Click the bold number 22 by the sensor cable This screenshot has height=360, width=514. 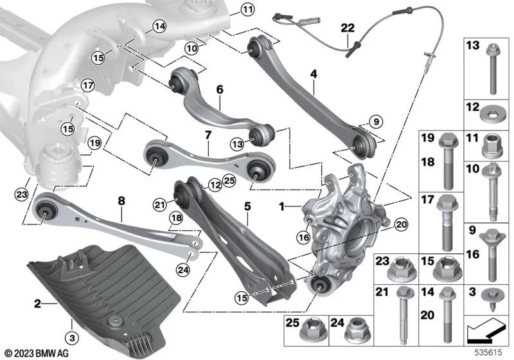pyautogui.click(x=347, y=28)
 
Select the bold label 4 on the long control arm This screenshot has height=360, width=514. pyautogui.click(x=313, y=75)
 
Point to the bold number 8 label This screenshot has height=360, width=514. pyautogui.click(x=120, y=201)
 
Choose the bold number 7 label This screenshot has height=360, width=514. pyautogui.click(x=208, y=136)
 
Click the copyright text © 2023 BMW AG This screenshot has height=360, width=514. pyautogui.click(x=31, y=352)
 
